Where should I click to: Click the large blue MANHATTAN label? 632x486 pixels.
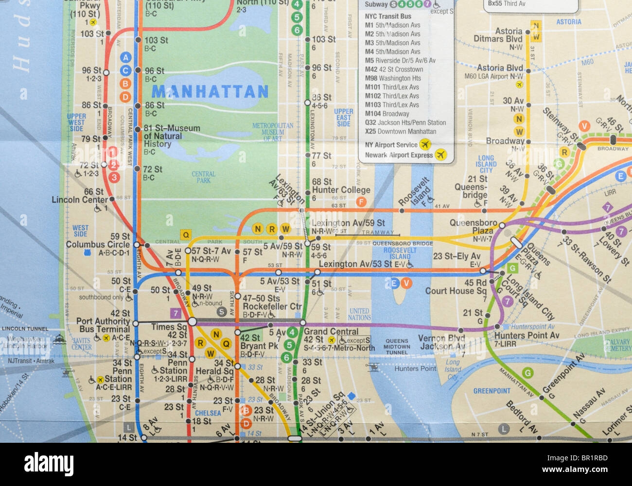(x=210, y=91)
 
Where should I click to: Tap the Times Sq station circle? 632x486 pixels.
(x=193, y=321)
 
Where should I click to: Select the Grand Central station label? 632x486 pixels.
(x=331, y=332)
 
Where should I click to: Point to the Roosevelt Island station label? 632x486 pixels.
(x=414, y=192)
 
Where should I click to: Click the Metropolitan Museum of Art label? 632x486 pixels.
(x=273, y=132)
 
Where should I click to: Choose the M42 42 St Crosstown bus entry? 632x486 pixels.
(x=394, y=69)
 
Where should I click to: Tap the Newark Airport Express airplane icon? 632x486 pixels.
(x=441, y=155)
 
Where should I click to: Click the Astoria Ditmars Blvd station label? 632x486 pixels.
(x=498, y=35)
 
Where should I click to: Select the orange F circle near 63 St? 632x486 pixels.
(x=361, y=202)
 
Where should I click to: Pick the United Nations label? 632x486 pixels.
(x=359, y=314)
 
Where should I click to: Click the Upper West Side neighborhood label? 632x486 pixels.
(x=76, y=122)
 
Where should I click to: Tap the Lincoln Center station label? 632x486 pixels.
(x=80, y=200)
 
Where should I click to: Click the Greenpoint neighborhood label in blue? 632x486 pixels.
(x=492, y=391)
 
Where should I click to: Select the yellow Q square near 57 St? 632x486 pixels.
(x=185, y=235)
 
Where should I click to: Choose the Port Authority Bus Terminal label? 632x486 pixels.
(x=103, y=325)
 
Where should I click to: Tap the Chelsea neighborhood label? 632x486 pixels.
(x=208, y=413)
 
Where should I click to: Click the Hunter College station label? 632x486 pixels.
(x=341, y=190)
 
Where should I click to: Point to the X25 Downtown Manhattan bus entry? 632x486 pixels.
(x=400, y=132)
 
